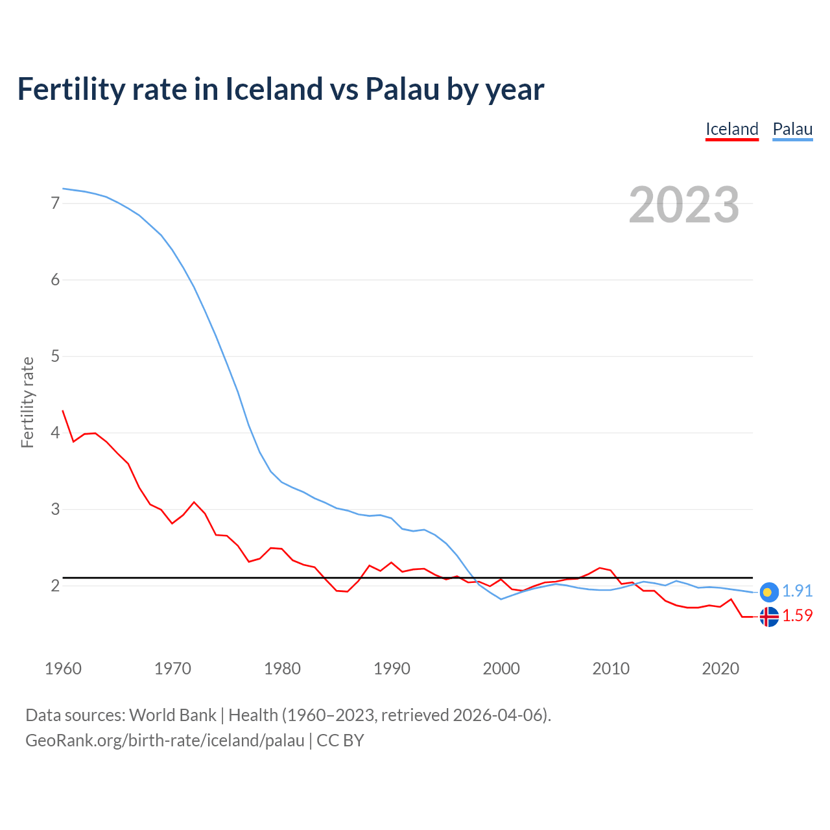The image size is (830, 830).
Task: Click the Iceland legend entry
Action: (731, 129)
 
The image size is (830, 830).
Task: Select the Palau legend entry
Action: (792, 129)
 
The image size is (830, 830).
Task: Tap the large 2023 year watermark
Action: (684, 205)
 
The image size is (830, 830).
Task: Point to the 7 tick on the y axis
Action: (55, 204)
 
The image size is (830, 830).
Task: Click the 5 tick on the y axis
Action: (55, 356)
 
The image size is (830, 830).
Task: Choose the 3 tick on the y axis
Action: (55, 509)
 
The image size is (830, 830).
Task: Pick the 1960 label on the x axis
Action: (63, 669)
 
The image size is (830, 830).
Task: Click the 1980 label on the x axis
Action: (282, 669)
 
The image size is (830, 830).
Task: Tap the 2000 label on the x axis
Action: (501, 669)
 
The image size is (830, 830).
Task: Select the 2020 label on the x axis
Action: (720, 669)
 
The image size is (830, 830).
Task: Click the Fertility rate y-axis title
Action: (27, 402)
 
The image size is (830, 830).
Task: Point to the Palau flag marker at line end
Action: (768, 591)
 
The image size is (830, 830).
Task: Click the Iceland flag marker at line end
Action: (768, 616)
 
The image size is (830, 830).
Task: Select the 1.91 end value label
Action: (797, 591)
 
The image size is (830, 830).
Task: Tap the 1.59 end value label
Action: (797, 615)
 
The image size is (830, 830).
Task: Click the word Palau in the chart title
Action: (402, 89)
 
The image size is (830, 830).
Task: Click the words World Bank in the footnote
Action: (172, 715)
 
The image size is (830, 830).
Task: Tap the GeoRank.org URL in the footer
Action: (165, 741)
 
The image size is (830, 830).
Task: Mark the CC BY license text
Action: (340, 741)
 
